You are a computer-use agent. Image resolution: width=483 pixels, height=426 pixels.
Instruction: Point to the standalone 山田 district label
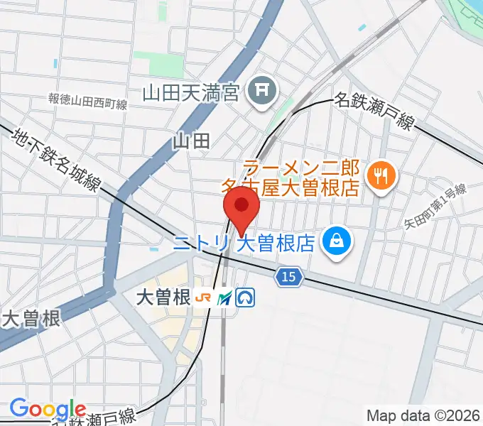pos(191,141)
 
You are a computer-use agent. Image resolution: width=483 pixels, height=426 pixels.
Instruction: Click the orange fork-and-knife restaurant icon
pos(381,175)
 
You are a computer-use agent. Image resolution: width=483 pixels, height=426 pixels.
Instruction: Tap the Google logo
pos(48,410)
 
